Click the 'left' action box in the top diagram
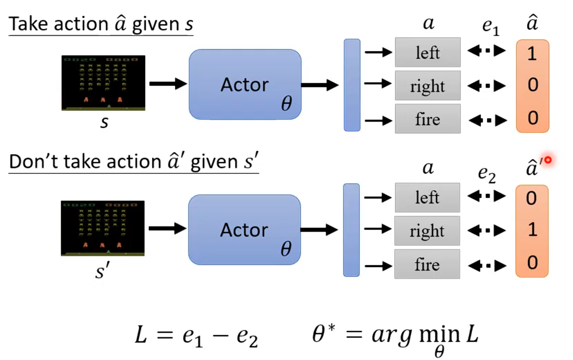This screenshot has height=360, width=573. pyautogui.click(x=428, y=52)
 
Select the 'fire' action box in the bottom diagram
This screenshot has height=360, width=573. pyautogui.click(x=427, y=264)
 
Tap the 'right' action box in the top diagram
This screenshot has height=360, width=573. pyautogui.click(x=428, y=85)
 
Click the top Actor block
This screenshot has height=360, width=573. pyautogui.click(x=245, y=84)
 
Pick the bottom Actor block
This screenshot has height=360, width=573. pyautogui.click(x=244, y=230)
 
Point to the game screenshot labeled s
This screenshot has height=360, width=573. pyautogui.click(x=103, y=83)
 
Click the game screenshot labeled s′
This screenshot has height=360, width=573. pyautogui.click(x=103, y=228)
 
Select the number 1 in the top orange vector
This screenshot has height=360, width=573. pyautogui.click(x=532, y=54)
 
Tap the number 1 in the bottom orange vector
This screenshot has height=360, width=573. pyautogui.click(x=532, y=229)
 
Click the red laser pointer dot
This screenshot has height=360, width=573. pyautogui.click(x=548, y=160)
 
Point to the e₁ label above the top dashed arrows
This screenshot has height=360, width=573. pyautogui.click(x=491, y=27)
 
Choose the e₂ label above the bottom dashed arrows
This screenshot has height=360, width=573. pyautogui.click(x=487, y=174)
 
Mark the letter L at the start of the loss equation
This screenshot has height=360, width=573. pyautogui.click(x=141, y=334)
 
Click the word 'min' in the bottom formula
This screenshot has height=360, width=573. pyautogui.click(x=440, y=334)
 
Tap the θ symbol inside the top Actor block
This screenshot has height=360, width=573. pyautogui.click(x=286, y=103)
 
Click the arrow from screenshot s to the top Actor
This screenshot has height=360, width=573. pyautogui.click(x=168, y=84)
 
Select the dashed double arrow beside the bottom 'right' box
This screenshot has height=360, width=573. pyautogui.click(x=486, y=231)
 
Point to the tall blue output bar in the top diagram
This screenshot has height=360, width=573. pyautogui.click(x=352, y=85)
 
